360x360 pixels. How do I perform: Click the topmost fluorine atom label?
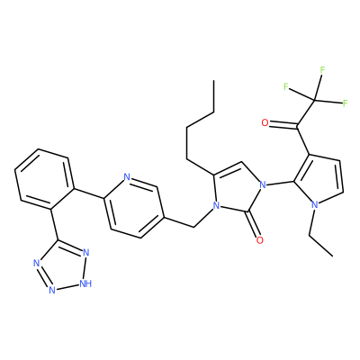[322, 70]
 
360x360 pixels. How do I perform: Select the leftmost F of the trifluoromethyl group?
[286, 87]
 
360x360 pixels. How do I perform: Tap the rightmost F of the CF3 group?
[345, 103]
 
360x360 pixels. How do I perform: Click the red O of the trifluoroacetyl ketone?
[265, 122]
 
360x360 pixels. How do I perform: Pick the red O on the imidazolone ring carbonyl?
[260, 240]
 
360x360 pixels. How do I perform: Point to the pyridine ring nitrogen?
[127, 177]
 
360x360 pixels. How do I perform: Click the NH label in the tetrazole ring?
[85, 283]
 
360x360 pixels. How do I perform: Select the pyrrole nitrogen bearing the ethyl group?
[315, 205]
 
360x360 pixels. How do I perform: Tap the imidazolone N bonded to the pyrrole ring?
[263, 184]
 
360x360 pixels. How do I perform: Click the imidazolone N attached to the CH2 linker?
[215, 205]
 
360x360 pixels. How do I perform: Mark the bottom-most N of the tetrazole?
[52, 290]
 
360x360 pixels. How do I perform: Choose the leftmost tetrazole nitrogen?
[37, 264]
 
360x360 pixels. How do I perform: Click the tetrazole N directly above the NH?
[86, 253]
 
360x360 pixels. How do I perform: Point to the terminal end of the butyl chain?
[213, 80]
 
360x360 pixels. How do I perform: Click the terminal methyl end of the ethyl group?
[333, 256]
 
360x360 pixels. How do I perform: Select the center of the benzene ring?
[44, 179]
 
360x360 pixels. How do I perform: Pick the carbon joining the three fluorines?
[314, 100]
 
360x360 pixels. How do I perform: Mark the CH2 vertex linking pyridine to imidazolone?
[193, 227]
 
